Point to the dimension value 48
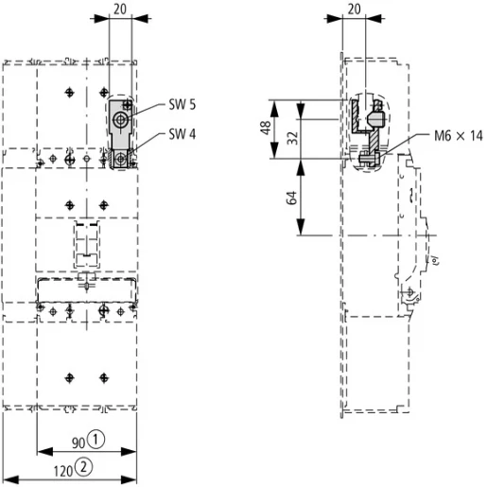268,128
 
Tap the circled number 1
96,441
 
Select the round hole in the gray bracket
119,121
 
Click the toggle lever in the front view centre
86,241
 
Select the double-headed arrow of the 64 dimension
302,197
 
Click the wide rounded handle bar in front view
86,284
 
